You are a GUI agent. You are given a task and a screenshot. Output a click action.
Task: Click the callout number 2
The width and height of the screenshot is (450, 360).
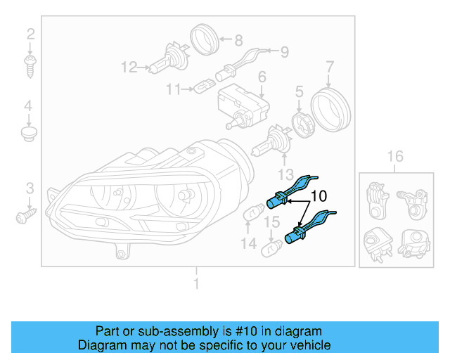coord(30,34)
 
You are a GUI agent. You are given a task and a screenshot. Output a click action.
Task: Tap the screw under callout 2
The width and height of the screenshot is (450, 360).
coord(30,67)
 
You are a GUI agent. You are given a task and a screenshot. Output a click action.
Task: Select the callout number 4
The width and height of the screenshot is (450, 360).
coord(29,106)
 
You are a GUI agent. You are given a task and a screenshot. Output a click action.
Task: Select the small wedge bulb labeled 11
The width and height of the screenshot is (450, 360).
coord(204,89)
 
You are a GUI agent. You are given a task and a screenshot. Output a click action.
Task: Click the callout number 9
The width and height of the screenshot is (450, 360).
coord(284,51)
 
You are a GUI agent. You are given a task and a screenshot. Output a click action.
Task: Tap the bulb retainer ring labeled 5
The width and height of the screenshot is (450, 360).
coord(302,124)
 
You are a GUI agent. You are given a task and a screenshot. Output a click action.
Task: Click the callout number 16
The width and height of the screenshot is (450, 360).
coord(395,156)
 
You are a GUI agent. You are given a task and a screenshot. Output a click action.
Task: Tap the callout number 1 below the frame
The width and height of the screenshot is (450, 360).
coord(196,283)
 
